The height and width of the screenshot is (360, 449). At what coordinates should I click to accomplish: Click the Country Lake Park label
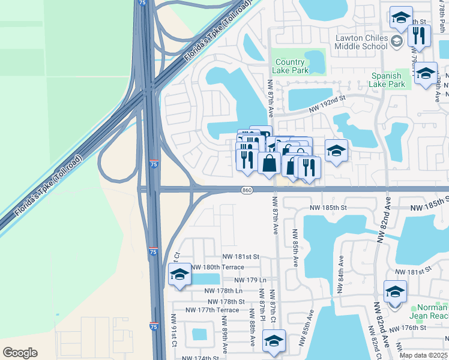coord(291,66)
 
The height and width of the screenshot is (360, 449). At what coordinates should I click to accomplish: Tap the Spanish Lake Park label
coord(388,80)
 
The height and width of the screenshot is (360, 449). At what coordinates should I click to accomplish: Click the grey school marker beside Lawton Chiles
coord(396,41)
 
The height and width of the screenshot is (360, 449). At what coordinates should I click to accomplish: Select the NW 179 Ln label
coord(250,280)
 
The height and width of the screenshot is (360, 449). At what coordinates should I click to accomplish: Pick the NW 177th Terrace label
coord(212,310)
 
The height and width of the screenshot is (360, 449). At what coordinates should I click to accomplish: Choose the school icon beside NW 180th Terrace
coord(179,275)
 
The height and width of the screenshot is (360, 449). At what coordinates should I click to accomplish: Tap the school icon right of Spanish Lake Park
coord(426,74)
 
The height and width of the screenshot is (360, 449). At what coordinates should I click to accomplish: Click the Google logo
coord(20,353)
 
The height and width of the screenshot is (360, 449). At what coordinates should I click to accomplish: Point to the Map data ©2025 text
coord(424,355)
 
